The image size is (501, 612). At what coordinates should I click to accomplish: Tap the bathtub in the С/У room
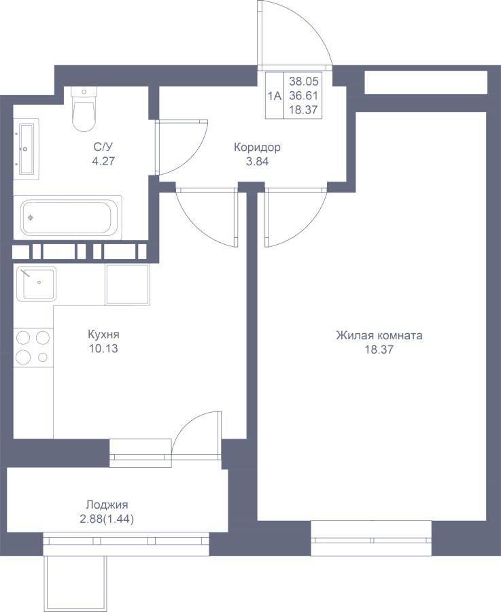[67, 218]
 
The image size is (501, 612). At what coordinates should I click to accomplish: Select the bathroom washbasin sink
[27, 149]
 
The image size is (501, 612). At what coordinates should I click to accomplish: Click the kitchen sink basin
[35, 284]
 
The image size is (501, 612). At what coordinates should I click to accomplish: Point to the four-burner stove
[33, 347]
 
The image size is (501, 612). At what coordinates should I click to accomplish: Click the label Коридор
[257, 148]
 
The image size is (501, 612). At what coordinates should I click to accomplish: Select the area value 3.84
[257, 162]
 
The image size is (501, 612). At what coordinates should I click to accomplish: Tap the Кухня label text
[103, 335]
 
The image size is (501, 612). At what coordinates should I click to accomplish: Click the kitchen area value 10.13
[103, 349]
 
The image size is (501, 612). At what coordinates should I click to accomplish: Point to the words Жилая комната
[379, 335]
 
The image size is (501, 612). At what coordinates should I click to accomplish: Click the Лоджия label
[107, 505]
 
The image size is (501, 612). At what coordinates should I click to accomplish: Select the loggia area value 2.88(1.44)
[106, 520]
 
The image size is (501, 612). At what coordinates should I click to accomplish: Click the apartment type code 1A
[275, 96]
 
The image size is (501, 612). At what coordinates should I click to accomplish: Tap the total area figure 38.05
[304, 82]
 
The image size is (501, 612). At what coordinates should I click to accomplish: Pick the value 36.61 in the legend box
[304, 96]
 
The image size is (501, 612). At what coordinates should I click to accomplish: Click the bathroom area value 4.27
[103, 161]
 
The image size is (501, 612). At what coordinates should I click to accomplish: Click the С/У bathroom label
[103, 147]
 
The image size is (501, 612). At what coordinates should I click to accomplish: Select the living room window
[371, 539]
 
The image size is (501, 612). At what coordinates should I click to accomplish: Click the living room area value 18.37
[379, 350]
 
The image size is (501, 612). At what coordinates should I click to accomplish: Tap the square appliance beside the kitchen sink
[128, 284]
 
